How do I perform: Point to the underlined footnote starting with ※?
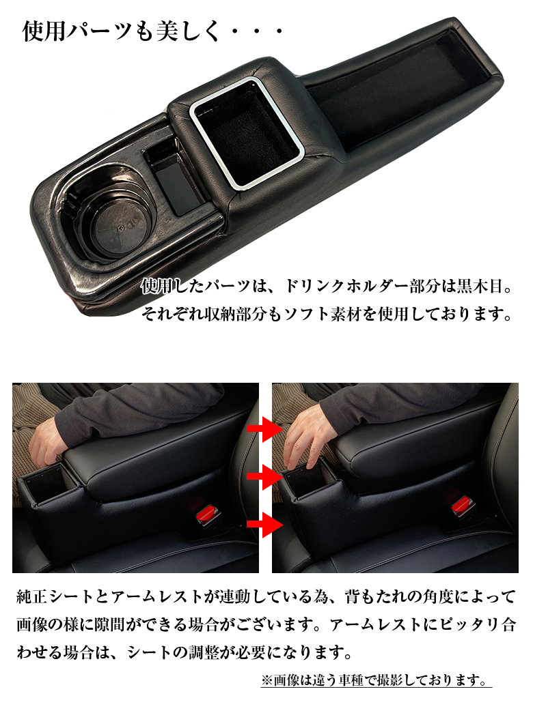375,680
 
